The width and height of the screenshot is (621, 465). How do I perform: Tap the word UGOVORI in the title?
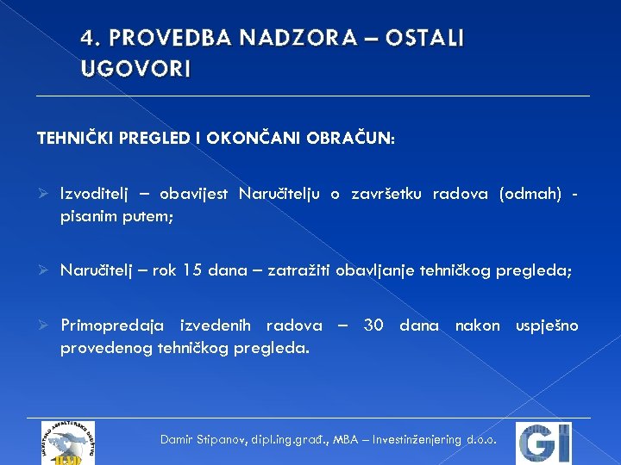(x=136, y=69)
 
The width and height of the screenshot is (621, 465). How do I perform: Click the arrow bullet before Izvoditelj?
(x=43, y=194)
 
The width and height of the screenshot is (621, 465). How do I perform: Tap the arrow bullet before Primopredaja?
(x=43, y=325)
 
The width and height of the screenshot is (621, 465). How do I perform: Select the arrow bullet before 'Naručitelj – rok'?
(x=43, y=270)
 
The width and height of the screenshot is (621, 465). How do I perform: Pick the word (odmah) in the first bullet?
(x=529, y=194)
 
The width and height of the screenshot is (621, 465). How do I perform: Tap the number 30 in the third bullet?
(x=373, y=325)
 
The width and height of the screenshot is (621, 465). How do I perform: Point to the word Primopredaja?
(x=113, y=325)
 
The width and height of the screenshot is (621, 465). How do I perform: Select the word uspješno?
(x=547, y=325)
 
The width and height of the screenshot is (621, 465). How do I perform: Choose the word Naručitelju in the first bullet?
(x=283, y=194)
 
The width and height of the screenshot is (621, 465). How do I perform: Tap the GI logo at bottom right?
(x=543, y=443)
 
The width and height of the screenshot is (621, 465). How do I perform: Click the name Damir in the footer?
(x=179, y=439)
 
